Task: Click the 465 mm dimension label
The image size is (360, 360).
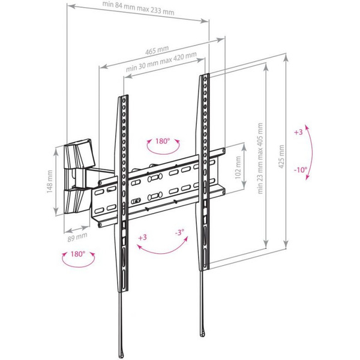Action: click(x=157, y=50)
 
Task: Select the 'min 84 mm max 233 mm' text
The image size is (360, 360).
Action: click(x=138, y=8)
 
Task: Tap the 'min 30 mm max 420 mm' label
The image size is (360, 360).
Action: click(x=161, y=62)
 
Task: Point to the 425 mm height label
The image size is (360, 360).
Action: click(x=281, y=157)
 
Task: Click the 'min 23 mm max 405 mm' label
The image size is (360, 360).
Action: click(x=260, y=158)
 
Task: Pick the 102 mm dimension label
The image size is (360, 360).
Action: click(x=238, y=167)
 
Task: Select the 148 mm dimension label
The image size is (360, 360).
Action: click(x=50, y=181)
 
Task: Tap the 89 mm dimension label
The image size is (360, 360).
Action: click(x=77, y=237)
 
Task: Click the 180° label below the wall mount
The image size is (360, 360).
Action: click(x=78, y=254)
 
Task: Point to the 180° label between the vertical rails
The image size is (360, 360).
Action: click(x=163, y=141)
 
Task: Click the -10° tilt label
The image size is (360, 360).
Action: click(x=301, y=170)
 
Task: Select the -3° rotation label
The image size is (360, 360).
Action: click(x=179, y=232)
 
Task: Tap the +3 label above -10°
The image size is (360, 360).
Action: click(x=298, y=132)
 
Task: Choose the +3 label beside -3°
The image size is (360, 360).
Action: click(x=142, y=237)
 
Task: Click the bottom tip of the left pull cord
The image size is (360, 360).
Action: click(x=121, y=357)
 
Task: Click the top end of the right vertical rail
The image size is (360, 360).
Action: click(x=205, y=74)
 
